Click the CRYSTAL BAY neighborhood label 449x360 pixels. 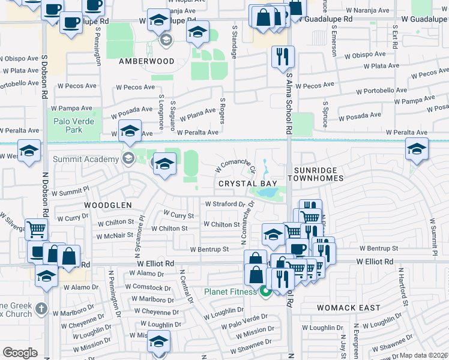click(x=242, y=183)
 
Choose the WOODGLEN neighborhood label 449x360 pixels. click(x=107, y=205)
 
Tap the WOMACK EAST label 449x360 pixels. click(x=349, y=308)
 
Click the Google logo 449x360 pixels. click(x=20, y=353)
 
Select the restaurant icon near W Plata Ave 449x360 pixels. click(x=282, y=58)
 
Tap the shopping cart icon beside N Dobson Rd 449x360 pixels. click(x=37, y=229)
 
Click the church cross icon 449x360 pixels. click(x=41, y=308)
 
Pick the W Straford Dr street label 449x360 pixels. click(x=226, y=204)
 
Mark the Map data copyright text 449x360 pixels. click(x=423, y=355)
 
